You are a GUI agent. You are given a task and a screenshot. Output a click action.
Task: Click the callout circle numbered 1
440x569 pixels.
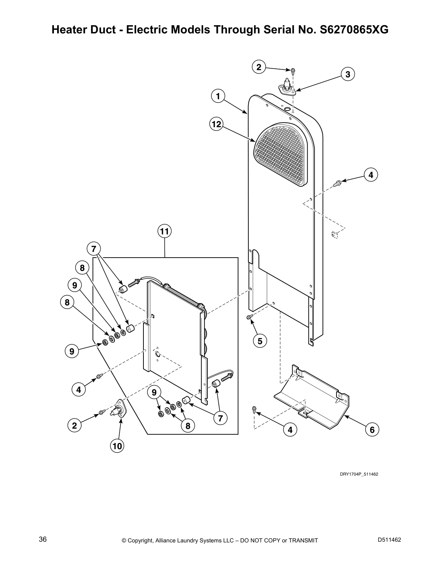click(218, 96)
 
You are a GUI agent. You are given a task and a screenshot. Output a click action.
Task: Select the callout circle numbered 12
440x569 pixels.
click(216, 124)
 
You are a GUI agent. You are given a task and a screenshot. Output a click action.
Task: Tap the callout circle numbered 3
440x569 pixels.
click(348, 74)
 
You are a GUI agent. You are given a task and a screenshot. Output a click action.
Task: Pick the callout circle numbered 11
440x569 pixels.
click(164, 232)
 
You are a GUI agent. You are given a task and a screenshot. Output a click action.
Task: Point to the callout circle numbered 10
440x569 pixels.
click(117, 446)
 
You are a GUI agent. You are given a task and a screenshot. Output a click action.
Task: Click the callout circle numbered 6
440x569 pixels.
click(372, 430)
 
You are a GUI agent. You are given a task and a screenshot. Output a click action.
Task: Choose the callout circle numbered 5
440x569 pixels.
click(260, 341)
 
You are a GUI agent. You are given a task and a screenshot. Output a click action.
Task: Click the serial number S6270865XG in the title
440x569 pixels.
click(352, 30)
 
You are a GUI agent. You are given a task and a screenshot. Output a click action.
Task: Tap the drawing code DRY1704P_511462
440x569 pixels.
click(359, 474)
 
